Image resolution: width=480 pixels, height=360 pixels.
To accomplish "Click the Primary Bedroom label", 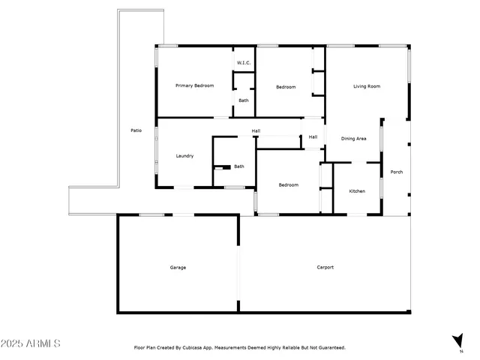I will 194,85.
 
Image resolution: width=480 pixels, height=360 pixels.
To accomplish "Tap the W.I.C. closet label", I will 244,62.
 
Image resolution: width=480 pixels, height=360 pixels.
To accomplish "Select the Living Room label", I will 367,86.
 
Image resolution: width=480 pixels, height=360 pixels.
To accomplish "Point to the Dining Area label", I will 353,139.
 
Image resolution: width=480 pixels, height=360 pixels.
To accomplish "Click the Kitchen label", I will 357,191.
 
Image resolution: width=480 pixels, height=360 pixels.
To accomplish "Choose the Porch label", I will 397,172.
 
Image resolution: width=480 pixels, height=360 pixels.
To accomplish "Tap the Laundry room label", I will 184,156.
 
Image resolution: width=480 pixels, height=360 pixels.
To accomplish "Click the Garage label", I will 178,267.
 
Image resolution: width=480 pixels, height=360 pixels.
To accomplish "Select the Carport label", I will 325,267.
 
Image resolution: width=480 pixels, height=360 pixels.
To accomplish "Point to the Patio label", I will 136,130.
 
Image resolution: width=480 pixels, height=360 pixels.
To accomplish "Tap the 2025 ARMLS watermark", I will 31,343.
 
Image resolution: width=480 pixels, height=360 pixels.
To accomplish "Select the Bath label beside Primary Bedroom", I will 244,100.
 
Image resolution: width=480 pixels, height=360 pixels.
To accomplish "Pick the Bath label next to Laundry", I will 238,166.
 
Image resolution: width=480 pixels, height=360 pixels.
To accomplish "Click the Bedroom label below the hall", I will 289,184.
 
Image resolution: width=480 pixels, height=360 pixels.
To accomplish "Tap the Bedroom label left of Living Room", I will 286,87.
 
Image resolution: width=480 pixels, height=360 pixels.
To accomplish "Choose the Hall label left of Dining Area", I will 313,136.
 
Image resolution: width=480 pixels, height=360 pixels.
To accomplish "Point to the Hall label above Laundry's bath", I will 256,131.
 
